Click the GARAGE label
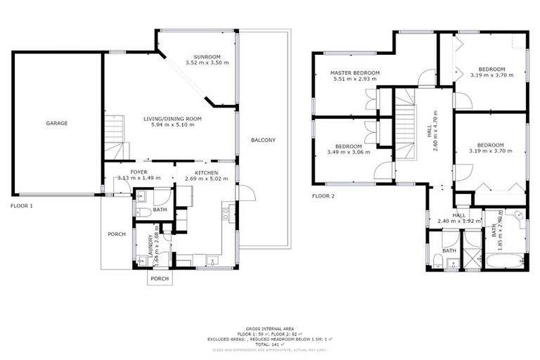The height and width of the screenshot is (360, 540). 57,123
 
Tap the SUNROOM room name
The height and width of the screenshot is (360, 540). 207,56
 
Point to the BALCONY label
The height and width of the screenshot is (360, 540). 263,140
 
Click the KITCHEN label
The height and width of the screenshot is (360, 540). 206,172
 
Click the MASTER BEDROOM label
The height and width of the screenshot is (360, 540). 356,73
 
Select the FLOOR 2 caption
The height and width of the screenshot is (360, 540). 324,196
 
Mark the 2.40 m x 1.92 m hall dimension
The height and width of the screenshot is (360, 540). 458,221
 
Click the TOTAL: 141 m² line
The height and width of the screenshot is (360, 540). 270,344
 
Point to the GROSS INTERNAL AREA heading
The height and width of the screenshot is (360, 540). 270,328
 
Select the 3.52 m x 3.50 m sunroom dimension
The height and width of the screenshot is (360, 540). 207,63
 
